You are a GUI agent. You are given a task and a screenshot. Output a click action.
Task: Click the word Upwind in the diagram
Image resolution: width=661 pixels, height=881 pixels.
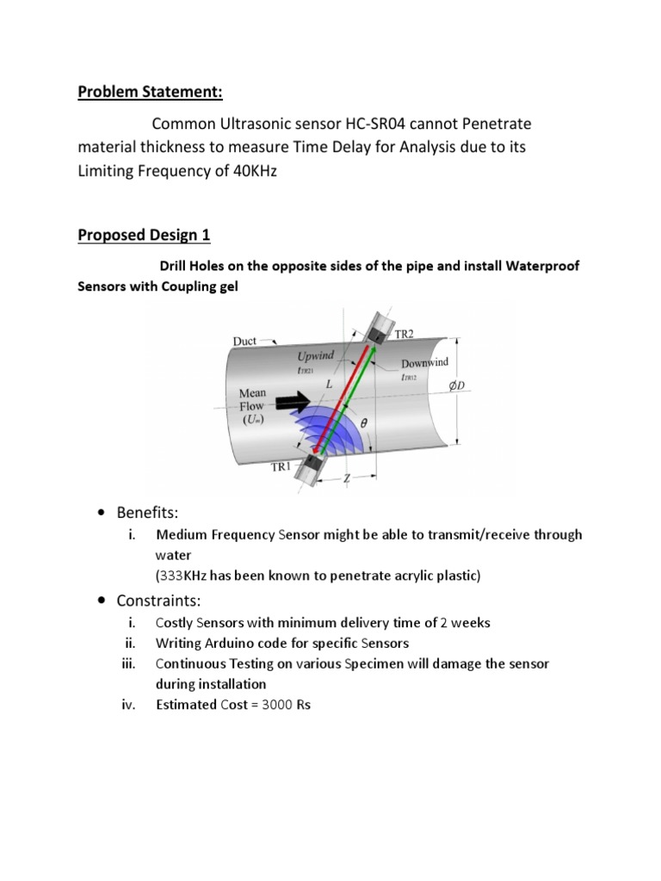(316, 354)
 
